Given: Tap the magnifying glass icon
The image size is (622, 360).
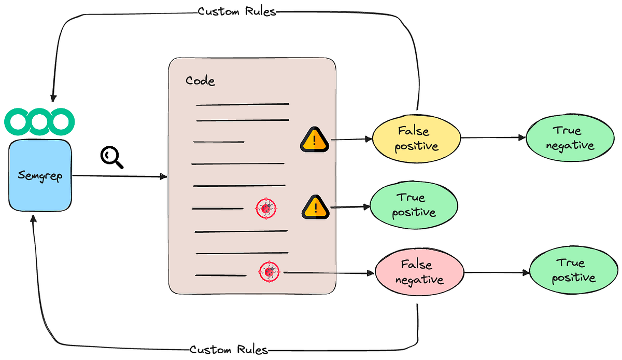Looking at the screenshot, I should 111,157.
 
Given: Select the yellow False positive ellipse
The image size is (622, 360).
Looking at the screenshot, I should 417,138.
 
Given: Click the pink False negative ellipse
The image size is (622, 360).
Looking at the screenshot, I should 420,272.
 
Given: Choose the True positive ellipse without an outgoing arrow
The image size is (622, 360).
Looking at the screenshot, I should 414,205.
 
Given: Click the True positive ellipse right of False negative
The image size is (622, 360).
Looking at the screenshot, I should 573,271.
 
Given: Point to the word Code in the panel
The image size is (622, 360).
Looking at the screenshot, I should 200,81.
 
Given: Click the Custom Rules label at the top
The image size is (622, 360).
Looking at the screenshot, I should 237,11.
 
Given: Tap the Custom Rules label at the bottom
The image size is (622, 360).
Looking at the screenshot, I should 229,350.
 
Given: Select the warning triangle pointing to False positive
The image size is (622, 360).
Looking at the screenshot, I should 314,140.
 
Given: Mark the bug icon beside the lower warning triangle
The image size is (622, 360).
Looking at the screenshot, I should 266,209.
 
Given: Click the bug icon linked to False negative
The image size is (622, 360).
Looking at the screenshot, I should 269,271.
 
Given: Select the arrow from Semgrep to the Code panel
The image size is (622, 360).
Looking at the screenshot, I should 119,177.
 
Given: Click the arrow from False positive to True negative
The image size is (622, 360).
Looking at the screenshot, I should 492,138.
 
